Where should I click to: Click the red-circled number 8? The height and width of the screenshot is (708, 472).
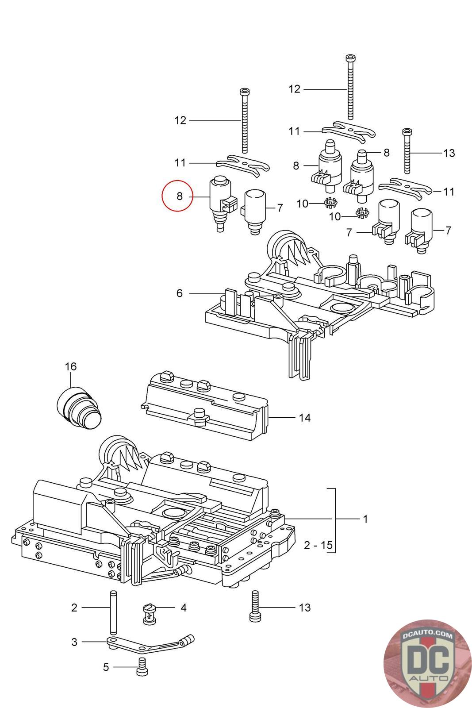click(180, 196)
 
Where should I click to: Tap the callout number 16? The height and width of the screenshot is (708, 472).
click(71, 366)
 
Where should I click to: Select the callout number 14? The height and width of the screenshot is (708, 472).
click(304, 418)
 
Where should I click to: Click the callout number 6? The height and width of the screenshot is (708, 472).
click(180, 293)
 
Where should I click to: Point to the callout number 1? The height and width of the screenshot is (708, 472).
click(365, 519)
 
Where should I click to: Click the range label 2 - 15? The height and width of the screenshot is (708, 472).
click(318, 545)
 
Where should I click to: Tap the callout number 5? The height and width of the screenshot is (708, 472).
click(106, 667)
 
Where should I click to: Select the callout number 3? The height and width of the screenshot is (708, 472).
click(74, 642)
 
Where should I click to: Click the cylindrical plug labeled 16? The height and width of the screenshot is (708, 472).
click(79, 408)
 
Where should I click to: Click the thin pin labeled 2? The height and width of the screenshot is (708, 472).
click(113, 608)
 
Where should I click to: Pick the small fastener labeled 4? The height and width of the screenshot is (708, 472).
click(150, 613)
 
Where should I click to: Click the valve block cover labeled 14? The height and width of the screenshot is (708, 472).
click(205, 406)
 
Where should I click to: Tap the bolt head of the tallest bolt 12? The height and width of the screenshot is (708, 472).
click(350, 58)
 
